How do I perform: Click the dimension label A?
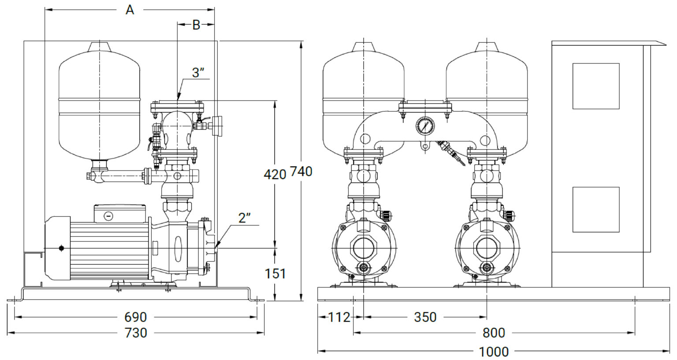pyautogui.click(x=130, y=10)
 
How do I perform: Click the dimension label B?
pyautogui.click(x=196, y=25)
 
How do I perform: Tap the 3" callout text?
pyautogui.click(x=198, y=73)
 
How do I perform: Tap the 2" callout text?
pyautogui.click(x=245, y=218)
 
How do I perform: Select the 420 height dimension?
pyautogui.click(x=275, y=174)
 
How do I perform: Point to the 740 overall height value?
pyautogui.click(x=301, y=172)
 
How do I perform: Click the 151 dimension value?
pyautogui.click(x=275, y=274)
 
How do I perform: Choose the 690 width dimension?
pyautogui.click(x=136, y=317)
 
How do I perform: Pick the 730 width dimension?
pyautogui.click(x=136, y=333)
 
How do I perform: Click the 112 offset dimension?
pyautogui.click(x=339, y=317)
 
